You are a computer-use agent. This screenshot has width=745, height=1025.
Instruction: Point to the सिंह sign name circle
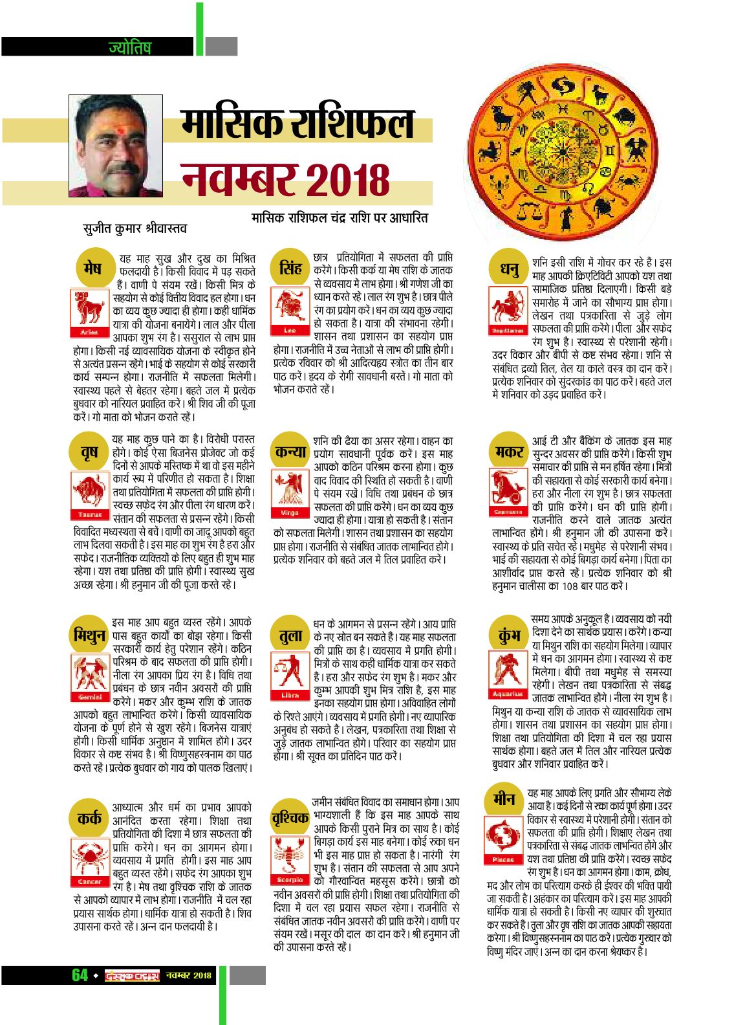point(290,267)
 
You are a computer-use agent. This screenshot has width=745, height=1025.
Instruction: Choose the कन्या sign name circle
point(290,452)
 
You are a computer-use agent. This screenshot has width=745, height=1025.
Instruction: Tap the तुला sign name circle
point(290,635)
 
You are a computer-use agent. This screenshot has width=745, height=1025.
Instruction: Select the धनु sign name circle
point(510,268)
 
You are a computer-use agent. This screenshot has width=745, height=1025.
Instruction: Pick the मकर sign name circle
point(510,452)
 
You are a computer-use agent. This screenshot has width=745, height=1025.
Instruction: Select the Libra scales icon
point(290,676)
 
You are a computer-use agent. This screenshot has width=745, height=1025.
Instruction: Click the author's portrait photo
point(116,146)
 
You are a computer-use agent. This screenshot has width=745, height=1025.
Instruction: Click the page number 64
point(80,975)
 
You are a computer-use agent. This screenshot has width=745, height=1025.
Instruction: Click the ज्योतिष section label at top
point(129,47)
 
